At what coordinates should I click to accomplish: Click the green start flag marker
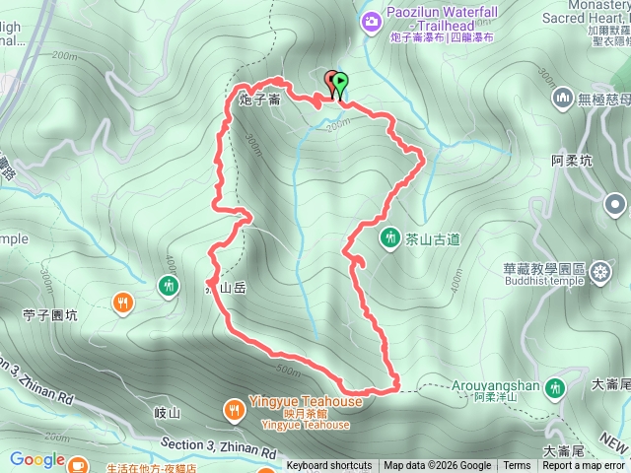pos(340,83)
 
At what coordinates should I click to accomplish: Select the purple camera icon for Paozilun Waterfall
pos(372,20)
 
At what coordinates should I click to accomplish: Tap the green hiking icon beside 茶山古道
pos(389,238)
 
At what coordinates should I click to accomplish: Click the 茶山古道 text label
pos(432,238)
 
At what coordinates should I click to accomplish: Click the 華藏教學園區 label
pos(544,269)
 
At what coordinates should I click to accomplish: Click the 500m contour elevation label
pos(289,371)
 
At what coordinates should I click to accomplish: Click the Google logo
pos(36,459)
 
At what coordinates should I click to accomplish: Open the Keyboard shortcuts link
pos(329,466)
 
